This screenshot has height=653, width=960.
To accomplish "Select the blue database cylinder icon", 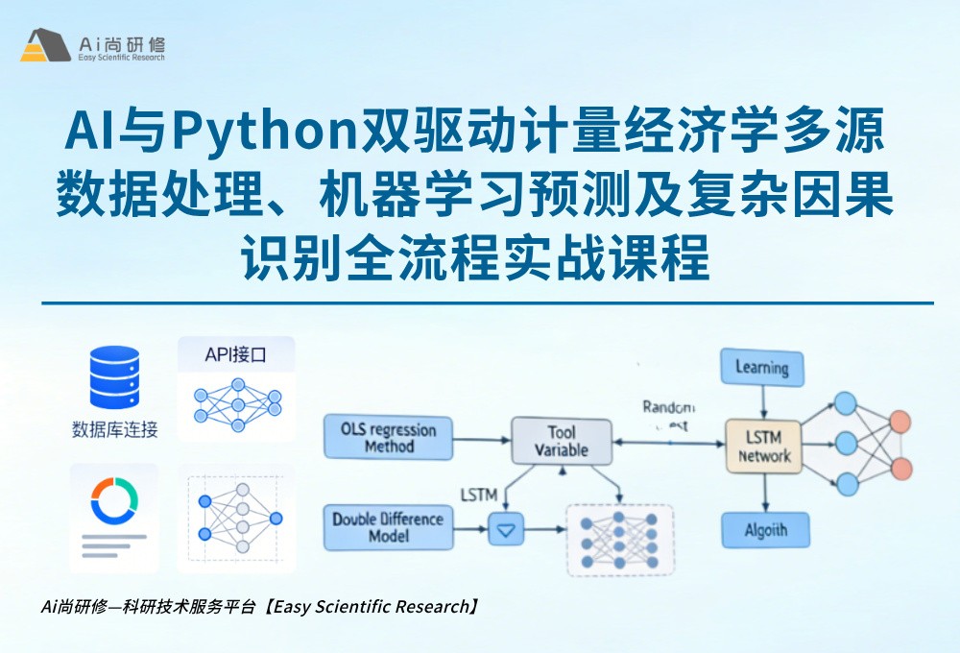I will (114, 376).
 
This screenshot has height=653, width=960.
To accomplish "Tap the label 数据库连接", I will (114, 429).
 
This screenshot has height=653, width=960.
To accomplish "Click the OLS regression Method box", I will (388, 438).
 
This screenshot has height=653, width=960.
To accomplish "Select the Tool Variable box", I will (561, 442).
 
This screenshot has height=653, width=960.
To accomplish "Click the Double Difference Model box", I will (388, 527).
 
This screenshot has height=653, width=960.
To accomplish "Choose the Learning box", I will (761, 368).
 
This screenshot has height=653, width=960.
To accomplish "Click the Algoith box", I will (764, 529).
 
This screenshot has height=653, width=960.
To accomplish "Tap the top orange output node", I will (900, 422).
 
